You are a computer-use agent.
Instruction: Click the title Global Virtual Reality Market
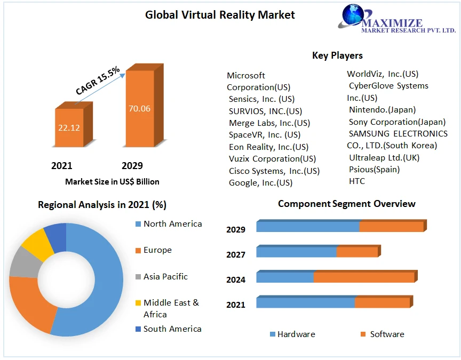click(220, 15)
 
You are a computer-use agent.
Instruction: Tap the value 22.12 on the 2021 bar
click(69, 127)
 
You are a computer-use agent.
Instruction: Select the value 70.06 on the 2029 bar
click(139, 108)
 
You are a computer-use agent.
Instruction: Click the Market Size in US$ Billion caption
click(112, 182)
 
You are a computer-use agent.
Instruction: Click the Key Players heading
click(337, 55)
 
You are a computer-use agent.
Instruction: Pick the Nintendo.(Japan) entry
click(382, 110)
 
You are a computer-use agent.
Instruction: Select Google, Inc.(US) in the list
click(260, 183)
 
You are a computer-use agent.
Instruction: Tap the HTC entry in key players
click(357, 182)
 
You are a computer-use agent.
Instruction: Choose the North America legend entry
click(172, 224)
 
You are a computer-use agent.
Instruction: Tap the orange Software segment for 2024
click(363, 277)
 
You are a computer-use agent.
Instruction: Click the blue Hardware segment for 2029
click(307, 226)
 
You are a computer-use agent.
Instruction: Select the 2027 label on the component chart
click(235, 255)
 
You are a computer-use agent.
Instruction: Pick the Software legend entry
click(387, 334)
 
